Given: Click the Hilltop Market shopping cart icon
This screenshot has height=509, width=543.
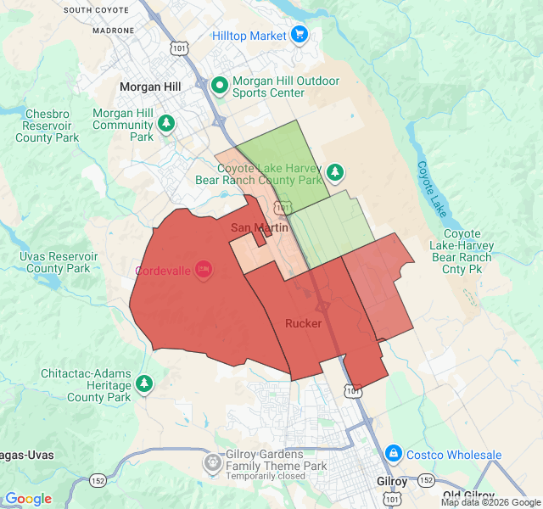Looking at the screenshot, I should click(x=299, y=35).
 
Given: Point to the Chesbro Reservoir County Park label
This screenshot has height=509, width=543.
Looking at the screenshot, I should click(x=47, y=126).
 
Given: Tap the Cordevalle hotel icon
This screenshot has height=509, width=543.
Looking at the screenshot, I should click(x=203, y=269).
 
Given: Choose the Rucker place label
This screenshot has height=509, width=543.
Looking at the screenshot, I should click(x=303, y=323).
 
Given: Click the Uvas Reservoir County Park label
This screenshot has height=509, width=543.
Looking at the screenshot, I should click(x=58, y=262).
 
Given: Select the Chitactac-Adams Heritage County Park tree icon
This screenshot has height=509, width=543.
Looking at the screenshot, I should click(x=144, y=383).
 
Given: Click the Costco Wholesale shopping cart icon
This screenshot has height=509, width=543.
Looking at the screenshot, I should click(x=393, y=454).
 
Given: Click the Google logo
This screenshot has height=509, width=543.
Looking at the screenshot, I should click(x=28, y=499).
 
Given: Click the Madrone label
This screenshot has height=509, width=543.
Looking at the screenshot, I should click(x=113, y=30).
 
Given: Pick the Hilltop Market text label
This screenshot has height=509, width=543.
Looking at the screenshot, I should click(x=249, y=36).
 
